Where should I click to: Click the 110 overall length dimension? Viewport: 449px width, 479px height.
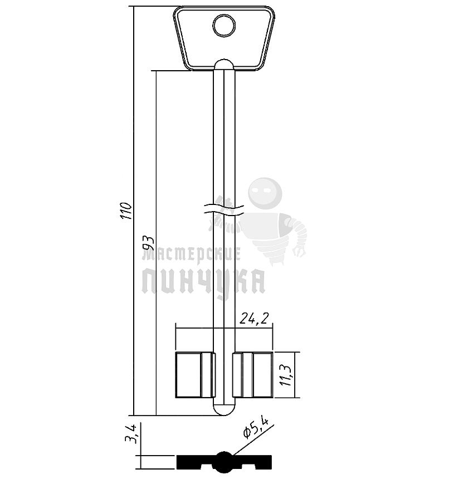126,211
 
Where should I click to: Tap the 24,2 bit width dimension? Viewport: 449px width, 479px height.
254,319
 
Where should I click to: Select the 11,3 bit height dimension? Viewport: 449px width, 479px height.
286,375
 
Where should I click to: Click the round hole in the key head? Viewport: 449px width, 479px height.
224,26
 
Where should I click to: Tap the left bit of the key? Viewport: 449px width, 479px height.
196,375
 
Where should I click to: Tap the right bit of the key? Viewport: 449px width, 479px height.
252,375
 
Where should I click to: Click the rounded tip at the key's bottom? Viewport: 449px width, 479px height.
224,410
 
